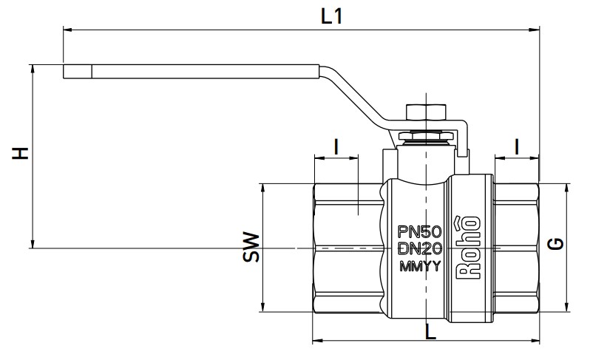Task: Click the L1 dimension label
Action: [331, 16]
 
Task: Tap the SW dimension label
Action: [251, 247]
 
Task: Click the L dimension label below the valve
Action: [430, 331]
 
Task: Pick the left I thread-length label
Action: [336, 146]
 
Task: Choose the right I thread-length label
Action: [517, 146]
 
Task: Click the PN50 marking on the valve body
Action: [419, 231]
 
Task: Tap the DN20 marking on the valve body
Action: [420, 248]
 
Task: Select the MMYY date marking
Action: [419, 266]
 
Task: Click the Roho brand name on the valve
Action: [469, 248]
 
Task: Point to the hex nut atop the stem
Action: [426, 112]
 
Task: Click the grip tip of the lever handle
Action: [78, 72]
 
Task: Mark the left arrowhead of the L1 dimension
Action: [68, 30]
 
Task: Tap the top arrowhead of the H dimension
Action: [33, 69]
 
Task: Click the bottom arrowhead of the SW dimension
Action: [263, 308]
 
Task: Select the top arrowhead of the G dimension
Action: [566, 189]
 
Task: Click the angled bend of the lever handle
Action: [353, 96]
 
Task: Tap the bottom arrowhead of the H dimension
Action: [33, 243]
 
